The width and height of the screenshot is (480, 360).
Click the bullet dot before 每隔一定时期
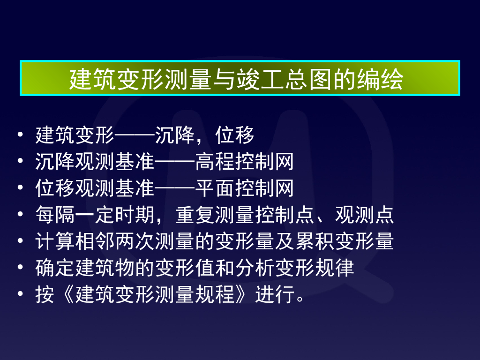(x=20, y=215)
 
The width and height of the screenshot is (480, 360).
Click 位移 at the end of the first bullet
(x=235, y=136)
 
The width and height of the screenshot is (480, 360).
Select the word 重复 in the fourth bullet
(x=195, y=215)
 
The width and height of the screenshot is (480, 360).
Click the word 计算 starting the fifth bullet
(x=55, y=242)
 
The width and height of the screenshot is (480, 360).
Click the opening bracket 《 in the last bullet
(x=65, y=295)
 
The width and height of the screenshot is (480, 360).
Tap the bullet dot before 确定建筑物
(x=20, y=269)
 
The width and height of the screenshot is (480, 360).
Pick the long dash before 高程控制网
(x=175, y=162)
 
